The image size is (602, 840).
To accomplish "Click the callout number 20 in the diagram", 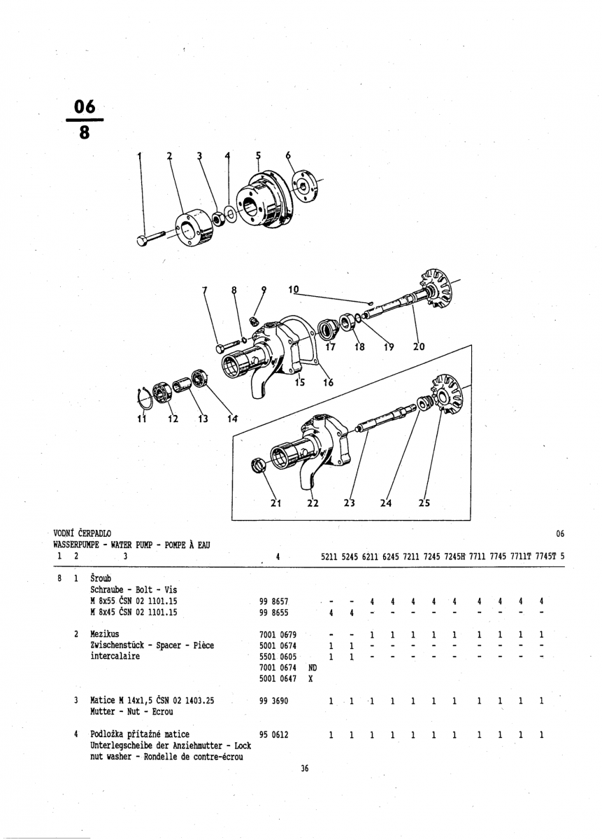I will tap(419, 346).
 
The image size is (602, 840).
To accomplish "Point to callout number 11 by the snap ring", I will tap(143, 419).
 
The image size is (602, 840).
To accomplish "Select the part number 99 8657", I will tap(274, 601).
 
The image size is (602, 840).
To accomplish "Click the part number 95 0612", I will tap(274, 735).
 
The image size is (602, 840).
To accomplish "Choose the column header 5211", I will tap(329, 557).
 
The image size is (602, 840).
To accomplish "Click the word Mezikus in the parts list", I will tap(105, 633).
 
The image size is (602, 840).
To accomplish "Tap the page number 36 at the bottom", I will tap(304, 769).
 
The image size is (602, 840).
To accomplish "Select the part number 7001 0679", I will tap(278, 634).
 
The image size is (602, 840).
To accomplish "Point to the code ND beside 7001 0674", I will tap(312, 668).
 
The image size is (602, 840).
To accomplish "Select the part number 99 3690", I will tap(274, 701).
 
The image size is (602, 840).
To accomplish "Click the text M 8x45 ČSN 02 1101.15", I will tap(134, 612).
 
